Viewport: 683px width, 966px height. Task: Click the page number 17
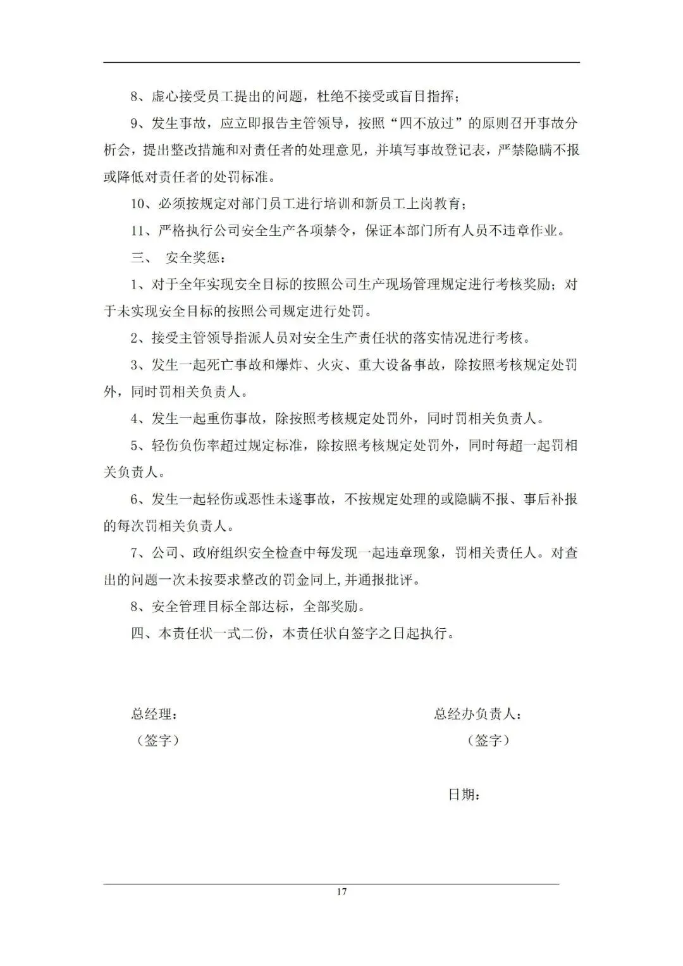(341, 892)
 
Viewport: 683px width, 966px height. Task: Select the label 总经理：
(154, 714)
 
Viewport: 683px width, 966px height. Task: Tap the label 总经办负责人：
(478, 714)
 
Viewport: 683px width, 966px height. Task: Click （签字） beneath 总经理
(158, 740)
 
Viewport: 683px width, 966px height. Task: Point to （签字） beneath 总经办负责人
(488, 740)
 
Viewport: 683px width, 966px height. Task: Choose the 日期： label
(464, 795)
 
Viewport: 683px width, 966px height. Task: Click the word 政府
(207, 554)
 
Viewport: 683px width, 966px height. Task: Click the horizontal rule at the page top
(341, 62)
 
